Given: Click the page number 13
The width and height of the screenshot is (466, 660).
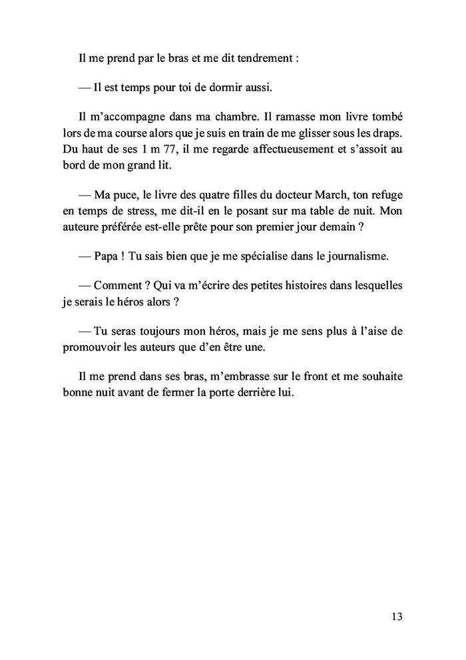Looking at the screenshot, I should tap(397, 616).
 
